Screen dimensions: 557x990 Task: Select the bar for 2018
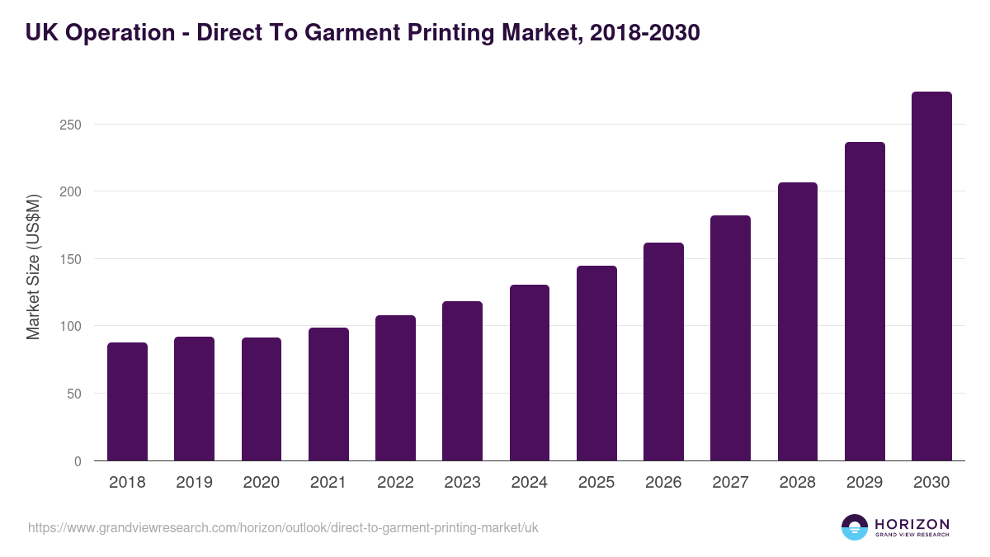(127, 402)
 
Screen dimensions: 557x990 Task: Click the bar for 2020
(262, 399)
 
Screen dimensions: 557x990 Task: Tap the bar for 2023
(462, 381)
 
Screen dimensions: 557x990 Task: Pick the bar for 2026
(663, 352)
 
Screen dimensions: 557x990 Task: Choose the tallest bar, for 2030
(931, 276)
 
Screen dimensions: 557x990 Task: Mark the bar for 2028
(798, 322)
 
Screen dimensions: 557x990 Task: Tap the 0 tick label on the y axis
(78, 461)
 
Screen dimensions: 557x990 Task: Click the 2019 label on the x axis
(194, 483)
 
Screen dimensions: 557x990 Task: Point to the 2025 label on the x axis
(596, 483)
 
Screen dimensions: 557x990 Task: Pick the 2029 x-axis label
(865, 483)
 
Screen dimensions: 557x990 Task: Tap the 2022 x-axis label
(395, 483)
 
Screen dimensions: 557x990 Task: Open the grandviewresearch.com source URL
(283, 527)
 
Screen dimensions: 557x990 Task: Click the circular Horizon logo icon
(855, 527)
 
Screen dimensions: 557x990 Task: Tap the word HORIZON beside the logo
(912, 523)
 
